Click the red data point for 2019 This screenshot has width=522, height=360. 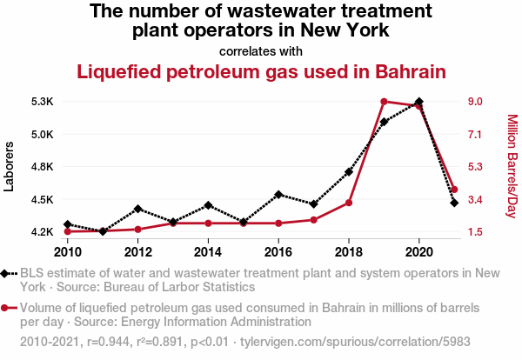pyautogui.click(x=384, y=102)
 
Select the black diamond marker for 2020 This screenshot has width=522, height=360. pyautogui.click(x=419, y=102)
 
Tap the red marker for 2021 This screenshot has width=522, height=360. pyautogui.click(x=454, y=190)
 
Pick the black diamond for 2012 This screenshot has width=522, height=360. pyautogui.click(x=138, y=209)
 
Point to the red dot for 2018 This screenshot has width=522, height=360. pyautogui.click(x=349, y=203)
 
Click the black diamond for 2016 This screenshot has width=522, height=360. pyautogui.click(x=278, y=194)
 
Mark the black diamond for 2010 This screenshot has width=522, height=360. pyautogui.click(x=68, y=224)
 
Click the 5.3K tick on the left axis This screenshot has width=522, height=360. pyautogui.click(x=42, y=102)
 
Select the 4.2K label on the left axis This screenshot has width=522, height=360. pyautogui.click(x=42, y=232)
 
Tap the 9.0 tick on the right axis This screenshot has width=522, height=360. pyautogui.click(x=474, y=102)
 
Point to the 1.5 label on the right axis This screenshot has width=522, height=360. pyautogui.click(x=474, y=232)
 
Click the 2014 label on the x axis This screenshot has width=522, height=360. pyautogui.click(x=208, y=252)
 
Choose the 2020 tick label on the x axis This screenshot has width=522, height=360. pyautogui.click(x=419, y=252)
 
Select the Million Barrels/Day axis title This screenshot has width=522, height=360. pyautogui.click(x=512, y=166)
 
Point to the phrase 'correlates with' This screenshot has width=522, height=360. pyautogui.click(x=261, y=50)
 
